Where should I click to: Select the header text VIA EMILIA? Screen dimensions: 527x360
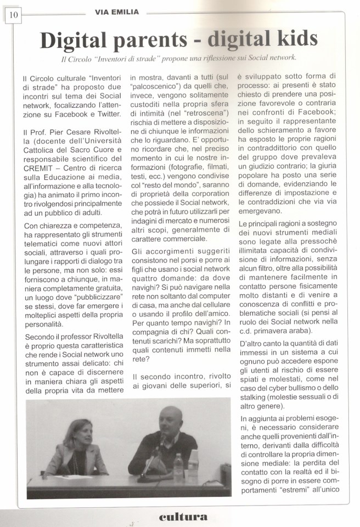tap(116, 10)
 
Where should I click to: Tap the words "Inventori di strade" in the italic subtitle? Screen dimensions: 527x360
tap(126, 57)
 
